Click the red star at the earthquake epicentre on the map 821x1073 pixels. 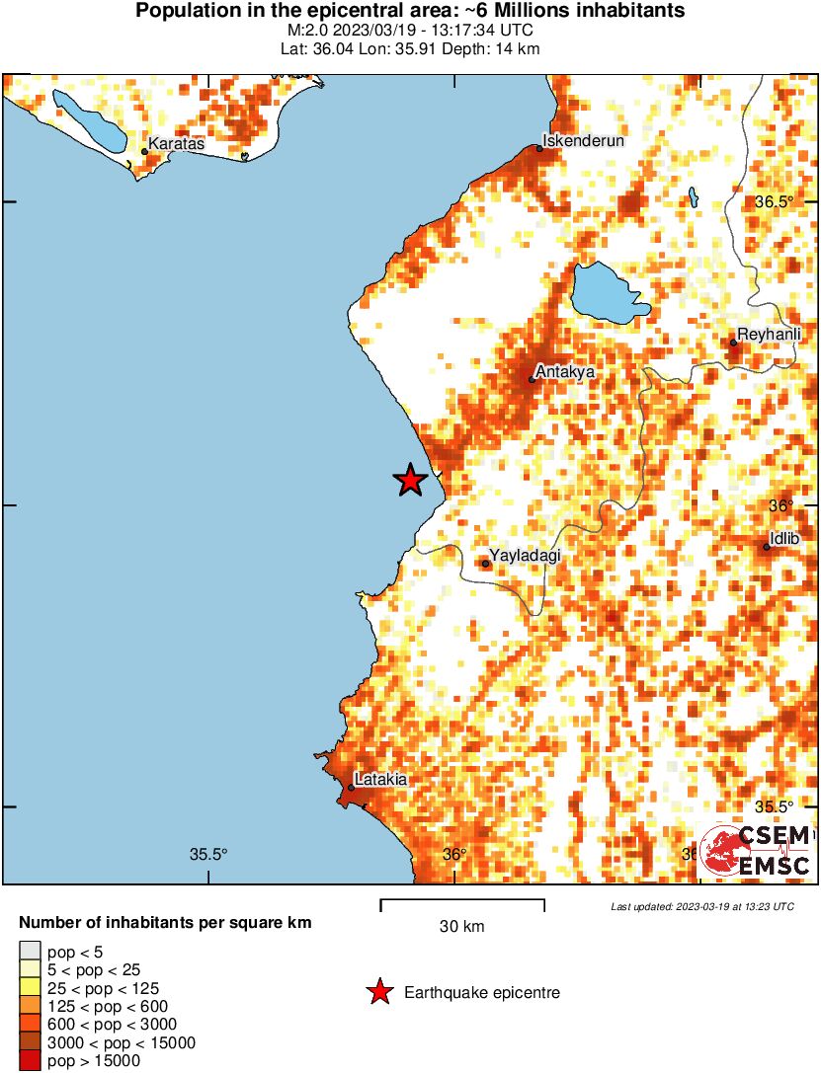(410, 481)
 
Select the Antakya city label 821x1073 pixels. (564, 372)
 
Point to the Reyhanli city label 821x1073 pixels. (769, 336)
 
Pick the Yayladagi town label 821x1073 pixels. (526, 556)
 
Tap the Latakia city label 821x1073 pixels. (380, 780)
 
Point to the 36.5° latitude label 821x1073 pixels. (775, 201)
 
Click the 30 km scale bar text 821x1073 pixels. (461, 927)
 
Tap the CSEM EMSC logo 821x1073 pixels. (756, 850)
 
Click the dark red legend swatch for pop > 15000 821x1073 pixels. (30, 1061)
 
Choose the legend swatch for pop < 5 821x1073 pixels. (30, 953)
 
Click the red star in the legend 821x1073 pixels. (378, 992)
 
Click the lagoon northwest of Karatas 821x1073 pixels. (89, 120)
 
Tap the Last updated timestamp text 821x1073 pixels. (701, 906)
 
